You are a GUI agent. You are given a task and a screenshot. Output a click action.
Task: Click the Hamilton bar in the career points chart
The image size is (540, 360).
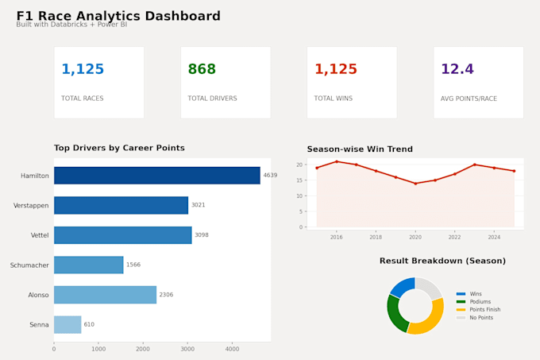point(157,176)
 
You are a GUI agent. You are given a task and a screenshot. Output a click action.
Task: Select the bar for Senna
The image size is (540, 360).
point(67,324)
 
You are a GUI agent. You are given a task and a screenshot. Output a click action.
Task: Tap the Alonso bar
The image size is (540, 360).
point(105,295)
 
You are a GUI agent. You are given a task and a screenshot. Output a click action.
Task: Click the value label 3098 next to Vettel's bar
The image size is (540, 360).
point(202,235)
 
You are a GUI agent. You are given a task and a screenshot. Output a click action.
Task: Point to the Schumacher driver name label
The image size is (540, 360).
point(29,265)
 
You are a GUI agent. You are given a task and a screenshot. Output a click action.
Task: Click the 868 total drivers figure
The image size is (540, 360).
point(202,69)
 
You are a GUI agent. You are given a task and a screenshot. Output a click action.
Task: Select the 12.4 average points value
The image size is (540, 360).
point(457,69)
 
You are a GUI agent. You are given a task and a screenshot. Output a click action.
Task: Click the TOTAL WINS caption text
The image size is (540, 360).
point(333,99)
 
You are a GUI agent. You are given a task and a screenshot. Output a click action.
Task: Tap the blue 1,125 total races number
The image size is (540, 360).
point(83,69)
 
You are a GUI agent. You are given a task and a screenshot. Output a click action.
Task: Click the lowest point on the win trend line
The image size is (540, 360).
point(415,184)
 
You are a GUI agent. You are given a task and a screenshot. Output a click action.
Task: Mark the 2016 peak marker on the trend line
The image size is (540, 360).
point(337,161)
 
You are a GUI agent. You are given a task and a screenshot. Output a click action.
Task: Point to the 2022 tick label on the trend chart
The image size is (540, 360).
point(454,237)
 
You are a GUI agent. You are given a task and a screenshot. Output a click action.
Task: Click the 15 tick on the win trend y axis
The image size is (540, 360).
point(299,180)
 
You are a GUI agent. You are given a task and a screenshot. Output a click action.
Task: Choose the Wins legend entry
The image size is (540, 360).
point(469,294)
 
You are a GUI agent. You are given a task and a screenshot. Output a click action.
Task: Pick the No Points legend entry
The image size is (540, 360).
point(475,318)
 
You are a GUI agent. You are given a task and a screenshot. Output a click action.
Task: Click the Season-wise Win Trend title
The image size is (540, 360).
point(360,149)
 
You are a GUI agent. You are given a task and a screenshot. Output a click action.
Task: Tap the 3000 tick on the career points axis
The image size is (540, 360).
point(187,349)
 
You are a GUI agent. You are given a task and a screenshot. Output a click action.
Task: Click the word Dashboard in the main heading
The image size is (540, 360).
point(183,16)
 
